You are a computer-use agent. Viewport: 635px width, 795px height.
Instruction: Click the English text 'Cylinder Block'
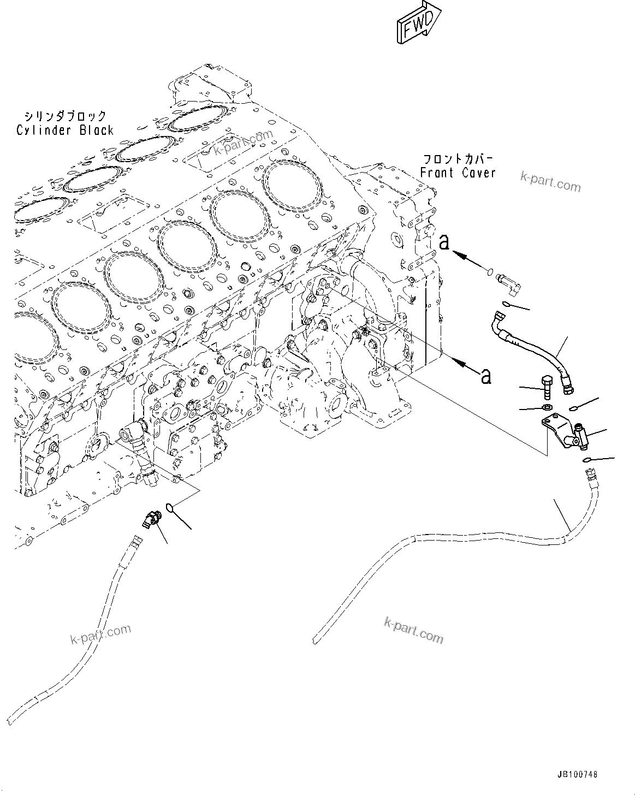tap(64, 130)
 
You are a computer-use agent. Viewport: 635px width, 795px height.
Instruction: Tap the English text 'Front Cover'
tap(458, 173)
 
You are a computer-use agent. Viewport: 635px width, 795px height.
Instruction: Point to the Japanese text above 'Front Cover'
tap(458, 159)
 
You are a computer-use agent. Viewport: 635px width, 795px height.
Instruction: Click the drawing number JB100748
tap(578, 774)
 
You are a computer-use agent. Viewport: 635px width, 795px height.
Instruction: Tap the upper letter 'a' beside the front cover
tap(444, 242)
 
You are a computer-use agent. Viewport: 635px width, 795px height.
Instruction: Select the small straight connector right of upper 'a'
tap(508, 281)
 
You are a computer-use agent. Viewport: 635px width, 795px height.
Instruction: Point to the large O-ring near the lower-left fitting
tap(171, 509)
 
